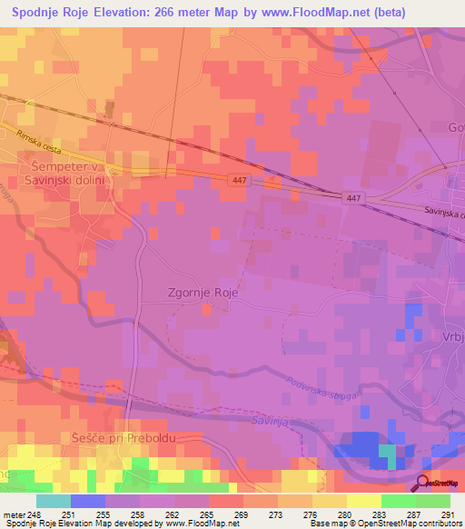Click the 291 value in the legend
[x=445, y=514]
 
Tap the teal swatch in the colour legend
[x=54, y=501]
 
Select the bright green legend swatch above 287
[x=399, y=501]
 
